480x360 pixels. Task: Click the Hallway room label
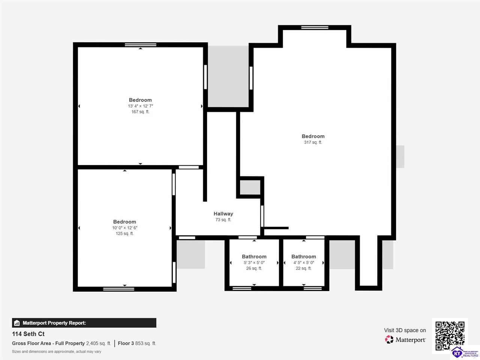223,214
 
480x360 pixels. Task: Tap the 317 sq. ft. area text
313,142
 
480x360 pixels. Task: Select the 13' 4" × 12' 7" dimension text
140,106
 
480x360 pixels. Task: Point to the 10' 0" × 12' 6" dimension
124,228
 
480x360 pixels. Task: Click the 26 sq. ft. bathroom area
254,268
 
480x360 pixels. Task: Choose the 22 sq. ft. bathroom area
303,268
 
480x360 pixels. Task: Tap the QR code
450,336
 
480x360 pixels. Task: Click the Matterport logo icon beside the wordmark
389,340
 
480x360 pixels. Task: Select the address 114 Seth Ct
28,334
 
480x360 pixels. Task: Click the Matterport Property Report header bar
84,323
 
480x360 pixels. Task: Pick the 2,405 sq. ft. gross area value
99,343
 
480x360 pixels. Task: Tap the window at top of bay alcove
315,27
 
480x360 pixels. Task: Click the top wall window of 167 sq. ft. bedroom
140,45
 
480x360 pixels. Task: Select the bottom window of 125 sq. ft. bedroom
113,289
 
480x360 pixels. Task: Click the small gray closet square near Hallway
250,187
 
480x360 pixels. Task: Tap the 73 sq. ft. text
223,220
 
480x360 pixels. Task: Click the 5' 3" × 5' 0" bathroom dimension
254,262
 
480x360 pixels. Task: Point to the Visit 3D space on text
405,330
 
